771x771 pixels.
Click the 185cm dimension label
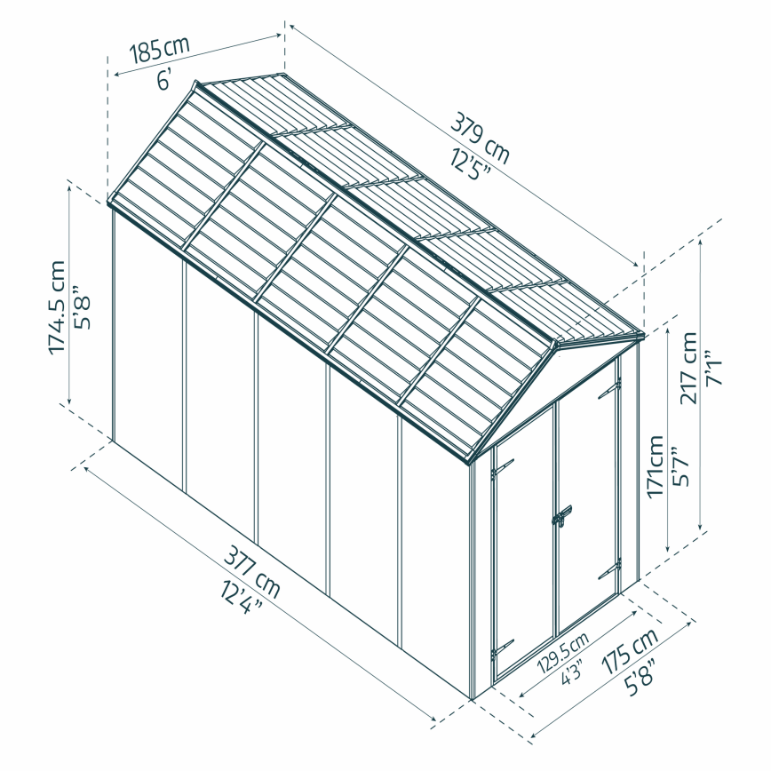(161, 50)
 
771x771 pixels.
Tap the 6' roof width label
(164, 80)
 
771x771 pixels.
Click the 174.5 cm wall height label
(57, 306)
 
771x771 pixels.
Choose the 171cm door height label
(656, 465)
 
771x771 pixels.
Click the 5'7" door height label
(682, 465)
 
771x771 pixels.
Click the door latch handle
(561, 516)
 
